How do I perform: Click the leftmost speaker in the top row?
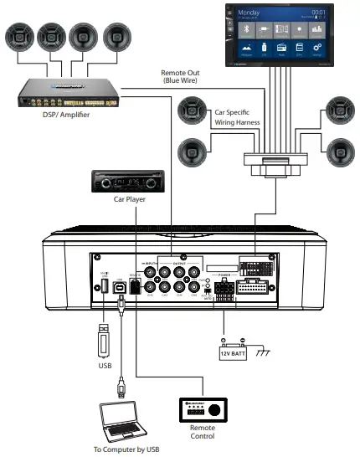click(x=19, y=38)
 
